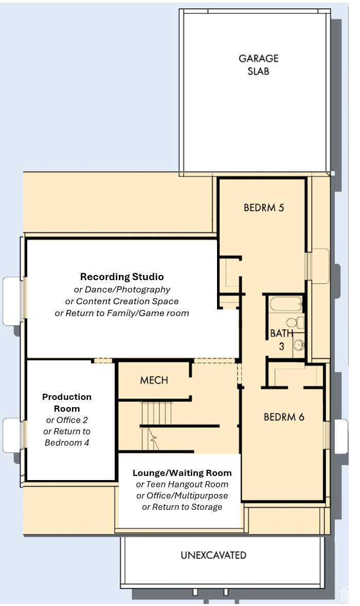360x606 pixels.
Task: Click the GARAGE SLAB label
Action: coord(258,65)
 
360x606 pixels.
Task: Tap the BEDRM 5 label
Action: coord(264,208)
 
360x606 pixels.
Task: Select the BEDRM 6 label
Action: coord(284,417)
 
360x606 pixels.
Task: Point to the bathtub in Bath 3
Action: coord(286,304)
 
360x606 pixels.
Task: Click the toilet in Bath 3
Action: coord(295,322)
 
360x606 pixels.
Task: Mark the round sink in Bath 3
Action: coord(298,344)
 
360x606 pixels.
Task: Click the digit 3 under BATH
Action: coord(281,346)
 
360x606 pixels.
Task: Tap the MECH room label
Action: coord(154,380)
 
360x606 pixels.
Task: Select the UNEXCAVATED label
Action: coord(213,555)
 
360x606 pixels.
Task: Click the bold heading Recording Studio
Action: coord(122,277)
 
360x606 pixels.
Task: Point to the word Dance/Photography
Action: coord(128,289)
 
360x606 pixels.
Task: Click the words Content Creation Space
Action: coord(127,301)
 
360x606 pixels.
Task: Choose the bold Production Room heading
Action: coord(67,402)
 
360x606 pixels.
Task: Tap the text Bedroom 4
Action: coord(67,443)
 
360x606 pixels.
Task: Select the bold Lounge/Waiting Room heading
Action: coord(182,473)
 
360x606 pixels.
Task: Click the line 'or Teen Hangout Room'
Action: coord(182,485)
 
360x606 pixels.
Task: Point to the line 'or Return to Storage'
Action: coord(182,507)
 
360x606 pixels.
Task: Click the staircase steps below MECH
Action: coord(156,425)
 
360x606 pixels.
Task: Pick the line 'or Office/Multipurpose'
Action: coord(182,496)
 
